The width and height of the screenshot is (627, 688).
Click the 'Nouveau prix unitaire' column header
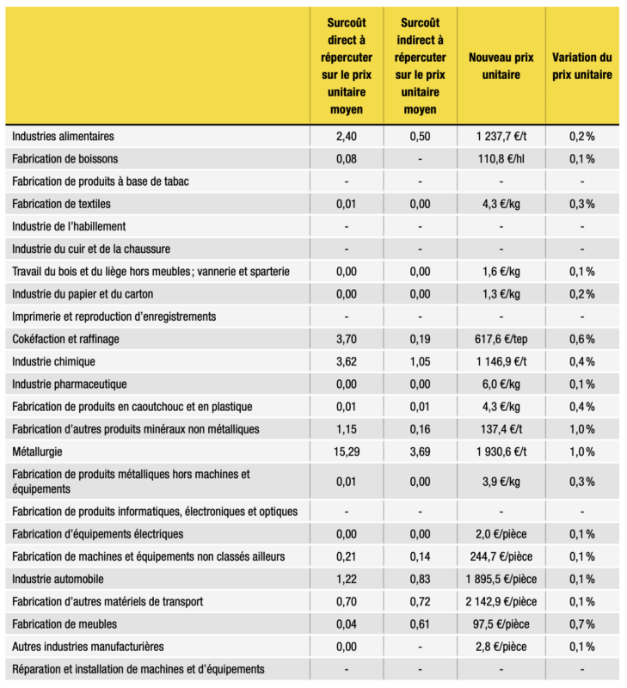(501, 65)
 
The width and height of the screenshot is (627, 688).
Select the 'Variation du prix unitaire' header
(581, 65)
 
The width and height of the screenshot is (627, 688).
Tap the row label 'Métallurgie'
(39, 450)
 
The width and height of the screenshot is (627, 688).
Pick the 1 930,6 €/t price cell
(501, 450)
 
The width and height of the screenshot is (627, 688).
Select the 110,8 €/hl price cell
(501, 158)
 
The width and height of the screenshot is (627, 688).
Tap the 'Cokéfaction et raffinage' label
(65, 339)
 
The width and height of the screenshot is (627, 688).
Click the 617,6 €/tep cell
(501, 339)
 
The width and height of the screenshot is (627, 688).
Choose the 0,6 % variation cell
(581, 339)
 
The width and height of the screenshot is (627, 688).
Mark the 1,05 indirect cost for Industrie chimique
(420, 361)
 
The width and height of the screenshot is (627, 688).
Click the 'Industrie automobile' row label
(58, 579)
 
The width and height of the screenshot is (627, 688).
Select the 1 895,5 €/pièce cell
(501, 579)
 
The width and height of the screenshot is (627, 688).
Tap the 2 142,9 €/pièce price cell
(501, 601)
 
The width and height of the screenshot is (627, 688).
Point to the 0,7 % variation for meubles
(581, 623)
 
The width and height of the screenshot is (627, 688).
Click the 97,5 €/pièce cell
(501, 623)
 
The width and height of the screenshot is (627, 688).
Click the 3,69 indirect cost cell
(420, 450)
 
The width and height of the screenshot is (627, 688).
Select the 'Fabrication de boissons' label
(65, 158)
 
